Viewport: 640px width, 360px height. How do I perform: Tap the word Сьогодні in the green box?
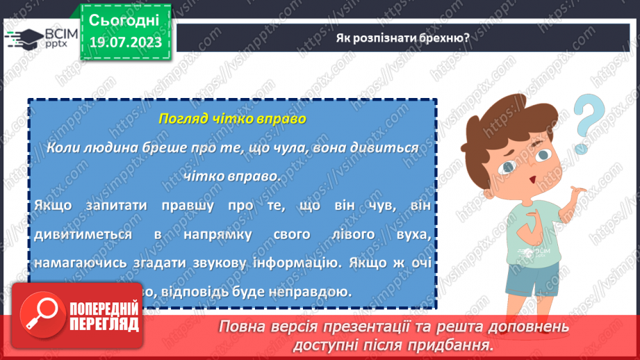124,19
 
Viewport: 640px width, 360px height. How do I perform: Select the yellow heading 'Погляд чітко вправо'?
232,119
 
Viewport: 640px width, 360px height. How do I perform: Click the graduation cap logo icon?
24,38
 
